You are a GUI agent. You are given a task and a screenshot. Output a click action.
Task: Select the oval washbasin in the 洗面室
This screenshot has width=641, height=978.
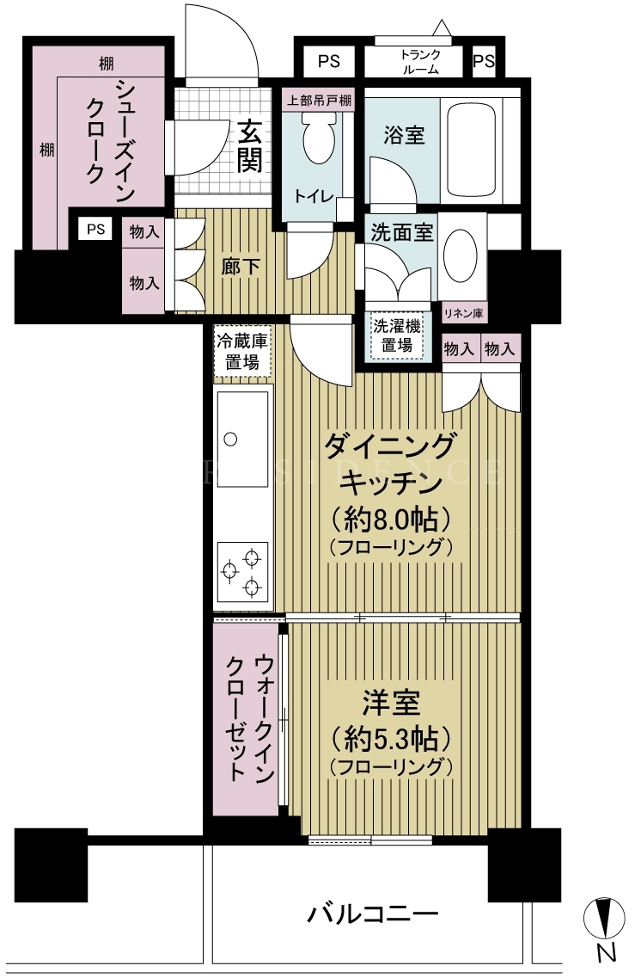461,255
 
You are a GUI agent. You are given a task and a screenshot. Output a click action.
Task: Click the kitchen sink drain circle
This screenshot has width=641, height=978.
230,439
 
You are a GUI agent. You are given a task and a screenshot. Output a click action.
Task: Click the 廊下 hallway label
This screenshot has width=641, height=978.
241,267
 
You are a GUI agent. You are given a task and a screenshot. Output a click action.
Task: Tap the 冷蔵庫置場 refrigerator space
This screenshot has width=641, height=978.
242,352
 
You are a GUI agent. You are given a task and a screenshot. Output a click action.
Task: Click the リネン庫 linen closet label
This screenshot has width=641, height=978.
463,314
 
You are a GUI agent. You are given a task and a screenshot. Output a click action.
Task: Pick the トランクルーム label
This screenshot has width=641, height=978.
421,63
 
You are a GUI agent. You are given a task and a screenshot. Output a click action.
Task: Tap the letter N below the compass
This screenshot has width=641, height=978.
605,953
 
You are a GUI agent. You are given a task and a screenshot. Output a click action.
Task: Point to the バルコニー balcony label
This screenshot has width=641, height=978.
373,914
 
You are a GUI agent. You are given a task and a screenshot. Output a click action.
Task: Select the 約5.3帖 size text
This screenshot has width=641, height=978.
391,739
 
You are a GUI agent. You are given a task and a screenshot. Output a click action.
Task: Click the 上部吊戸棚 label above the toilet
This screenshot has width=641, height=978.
318,100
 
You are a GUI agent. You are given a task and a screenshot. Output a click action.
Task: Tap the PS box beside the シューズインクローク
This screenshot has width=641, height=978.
96,229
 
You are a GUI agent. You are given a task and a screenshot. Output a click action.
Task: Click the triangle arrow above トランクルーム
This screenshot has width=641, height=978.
442,28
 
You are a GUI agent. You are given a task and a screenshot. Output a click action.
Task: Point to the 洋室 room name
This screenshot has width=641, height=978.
391,704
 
